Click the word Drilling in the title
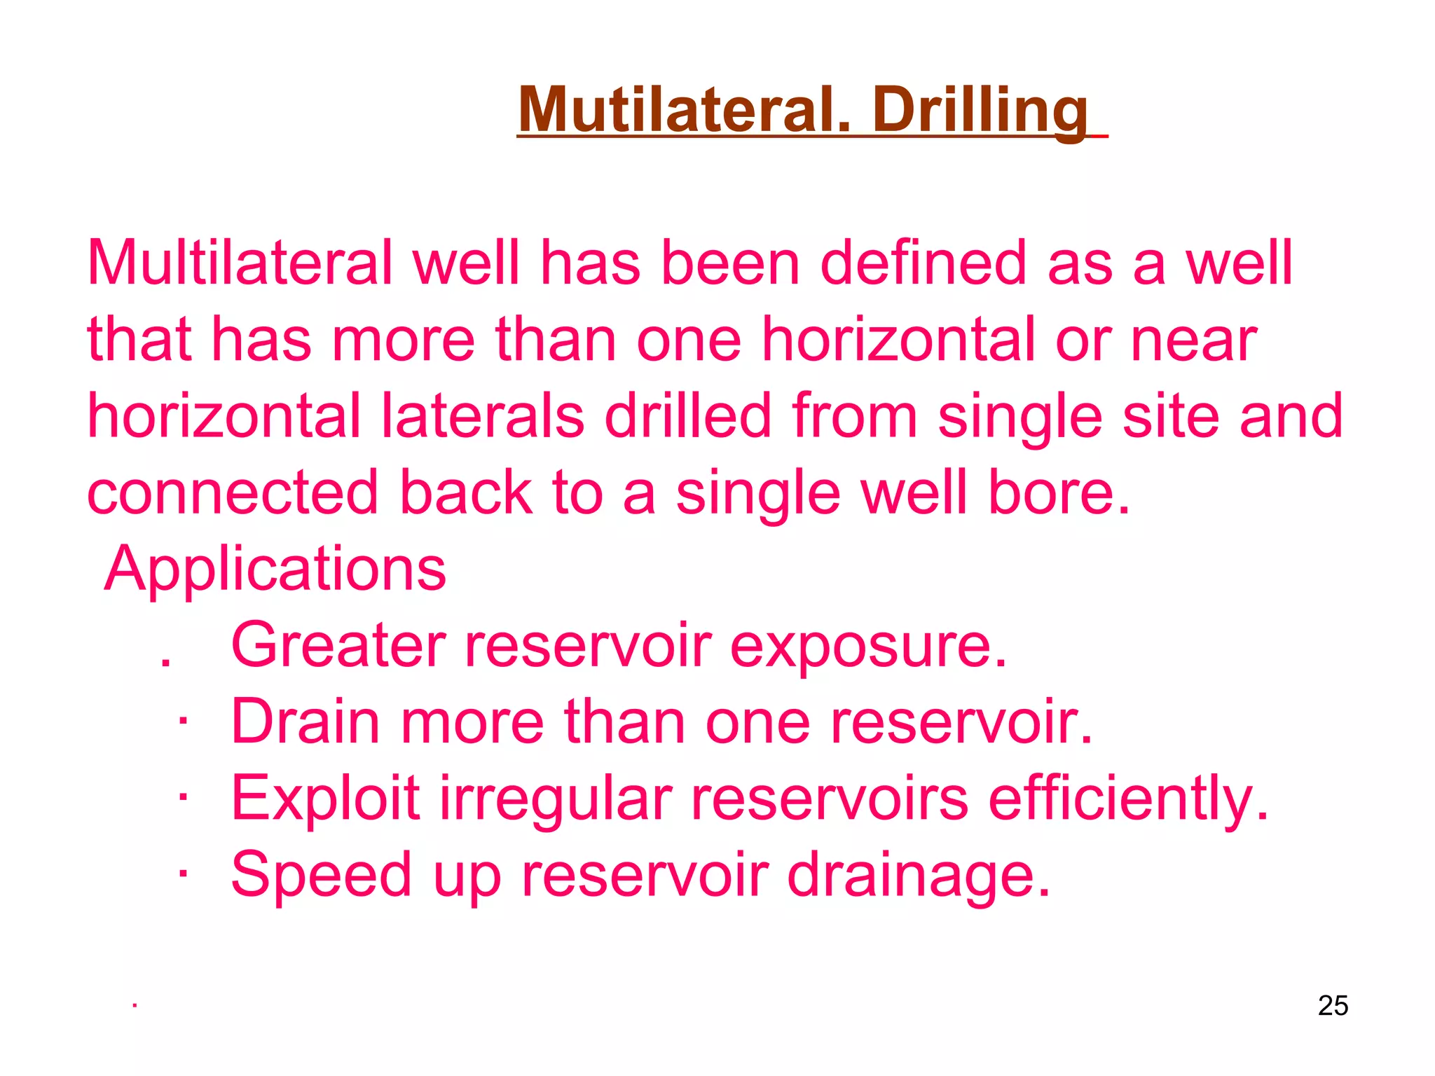tap(981, 111)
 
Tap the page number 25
tap(1333, 1005)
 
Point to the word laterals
tap(483, 416)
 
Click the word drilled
tap(688, 416)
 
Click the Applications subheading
tap(275, 569)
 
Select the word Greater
tap(338, 645)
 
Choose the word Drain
tap(305, 722)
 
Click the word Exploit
tap(326, 799)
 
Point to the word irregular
tap(556, 799)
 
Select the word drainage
tap(919, 875)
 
